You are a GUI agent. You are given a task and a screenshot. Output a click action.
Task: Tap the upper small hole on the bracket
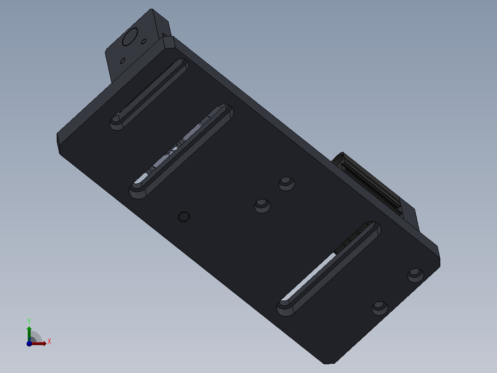pyautogui.click(x=144, y=42)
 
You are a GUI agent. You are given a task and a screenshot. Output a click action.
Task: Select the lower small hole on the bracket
pyautogui.click(x=123, y=60)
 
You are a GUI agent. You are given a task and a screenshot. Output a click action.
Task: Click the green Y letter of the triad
pyautogui.click(x=29, y=320)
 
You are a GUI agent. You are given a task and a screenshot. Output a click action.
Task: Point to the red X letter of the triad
pyautogui.click(x=49, y=342)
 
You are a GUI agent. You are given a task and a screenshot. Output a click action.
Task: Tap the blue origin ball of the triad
pyautogui.click(x=30, y=343)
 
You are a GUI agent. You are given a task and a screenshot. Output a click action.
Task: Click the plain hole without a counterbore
pyautogui.click(x=184, y=216)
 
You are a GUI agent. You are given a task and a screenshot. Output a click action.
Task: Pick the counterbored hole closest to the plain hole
pyautogui.click(x=262, y=205)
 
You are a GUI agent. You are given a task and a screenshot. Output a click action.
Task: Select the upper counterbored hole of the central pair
pyautogui.click(x=287, y=183)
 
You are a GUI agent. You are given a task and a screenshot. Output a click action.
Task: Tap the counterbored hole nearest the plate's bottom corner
pyautogui.click(x=380, y=307)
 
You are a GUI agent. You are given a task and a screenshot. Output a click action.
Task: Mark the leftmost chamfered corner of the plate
pyautogui.click(x=59, y=142)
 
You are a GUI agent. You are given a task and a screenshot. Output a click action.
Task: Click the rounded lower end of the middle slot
pyautogui.click(x=137, y=190)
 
